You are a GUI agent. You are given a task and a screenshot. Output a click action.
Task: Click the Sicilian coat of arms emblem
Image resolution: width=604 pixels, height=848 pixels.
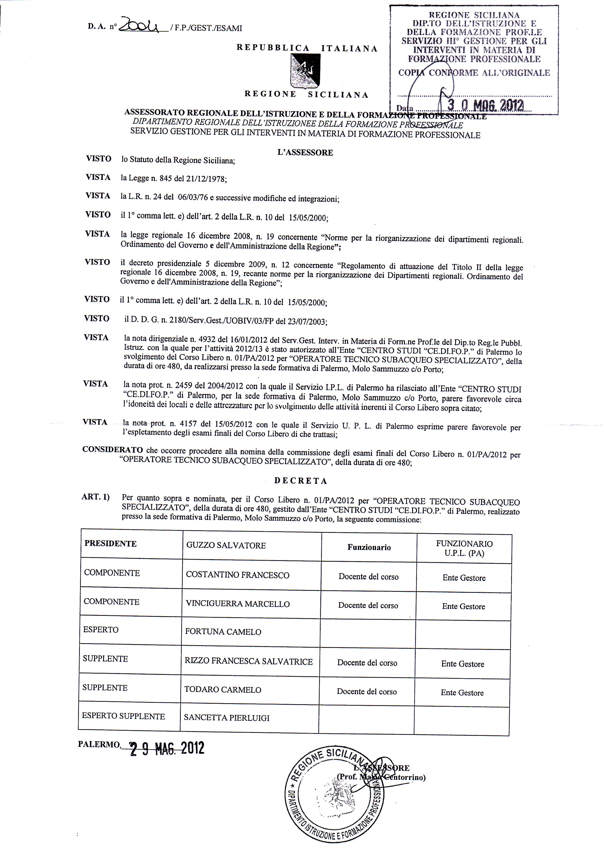[305, 70]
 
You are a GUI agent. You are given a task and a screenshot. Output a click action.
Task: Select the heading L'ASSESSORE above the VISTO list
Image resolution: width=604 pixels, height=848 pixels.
[305, 153]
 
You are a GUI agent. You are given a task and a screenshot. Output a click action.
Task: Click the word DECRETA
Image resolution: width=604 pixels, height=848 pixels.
[301, 481]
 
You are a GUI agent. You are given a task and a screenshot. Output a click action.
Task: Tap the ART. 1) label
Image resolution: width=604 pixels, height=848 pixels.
[96, 497]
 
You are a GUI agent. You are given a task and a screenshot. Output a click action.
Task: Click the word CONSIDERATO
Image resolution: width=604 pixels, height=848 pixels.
[113, 449]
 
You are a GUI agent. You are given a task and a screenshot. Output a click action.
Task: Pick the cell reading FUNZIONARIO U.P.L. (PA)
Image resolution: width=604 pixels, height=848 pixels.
[464, 548]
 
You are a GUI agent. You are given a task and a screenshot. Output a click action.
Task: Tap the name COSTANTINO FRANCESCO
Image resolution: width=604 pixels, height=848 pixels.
[238, 575]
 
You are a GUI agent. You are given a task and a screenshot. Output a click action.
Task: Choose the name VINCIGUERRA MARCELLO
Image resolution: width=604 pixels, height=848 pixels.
[238, 604]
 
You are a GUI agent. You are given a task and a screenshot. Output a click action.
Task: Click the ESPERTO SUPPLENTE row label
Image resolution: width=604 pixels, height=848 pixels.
[123, 716]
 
